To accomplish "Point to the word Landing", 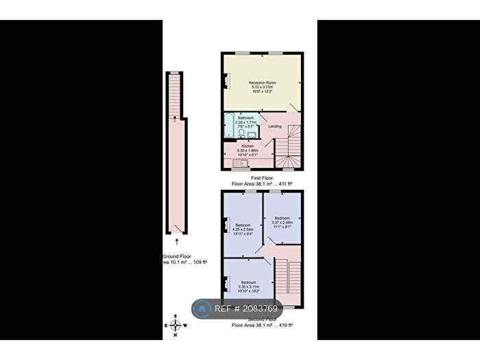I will coord(275,127).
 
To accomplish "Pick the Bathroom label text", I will coord(246,118).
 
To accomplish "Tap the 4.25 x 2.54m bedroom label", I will coord(243,229).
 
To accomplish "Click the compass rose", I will coord(176,326).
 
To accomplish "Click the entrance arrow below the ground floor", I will coord(177,241).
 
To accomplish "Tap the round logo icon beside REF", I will coord(202,310).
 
